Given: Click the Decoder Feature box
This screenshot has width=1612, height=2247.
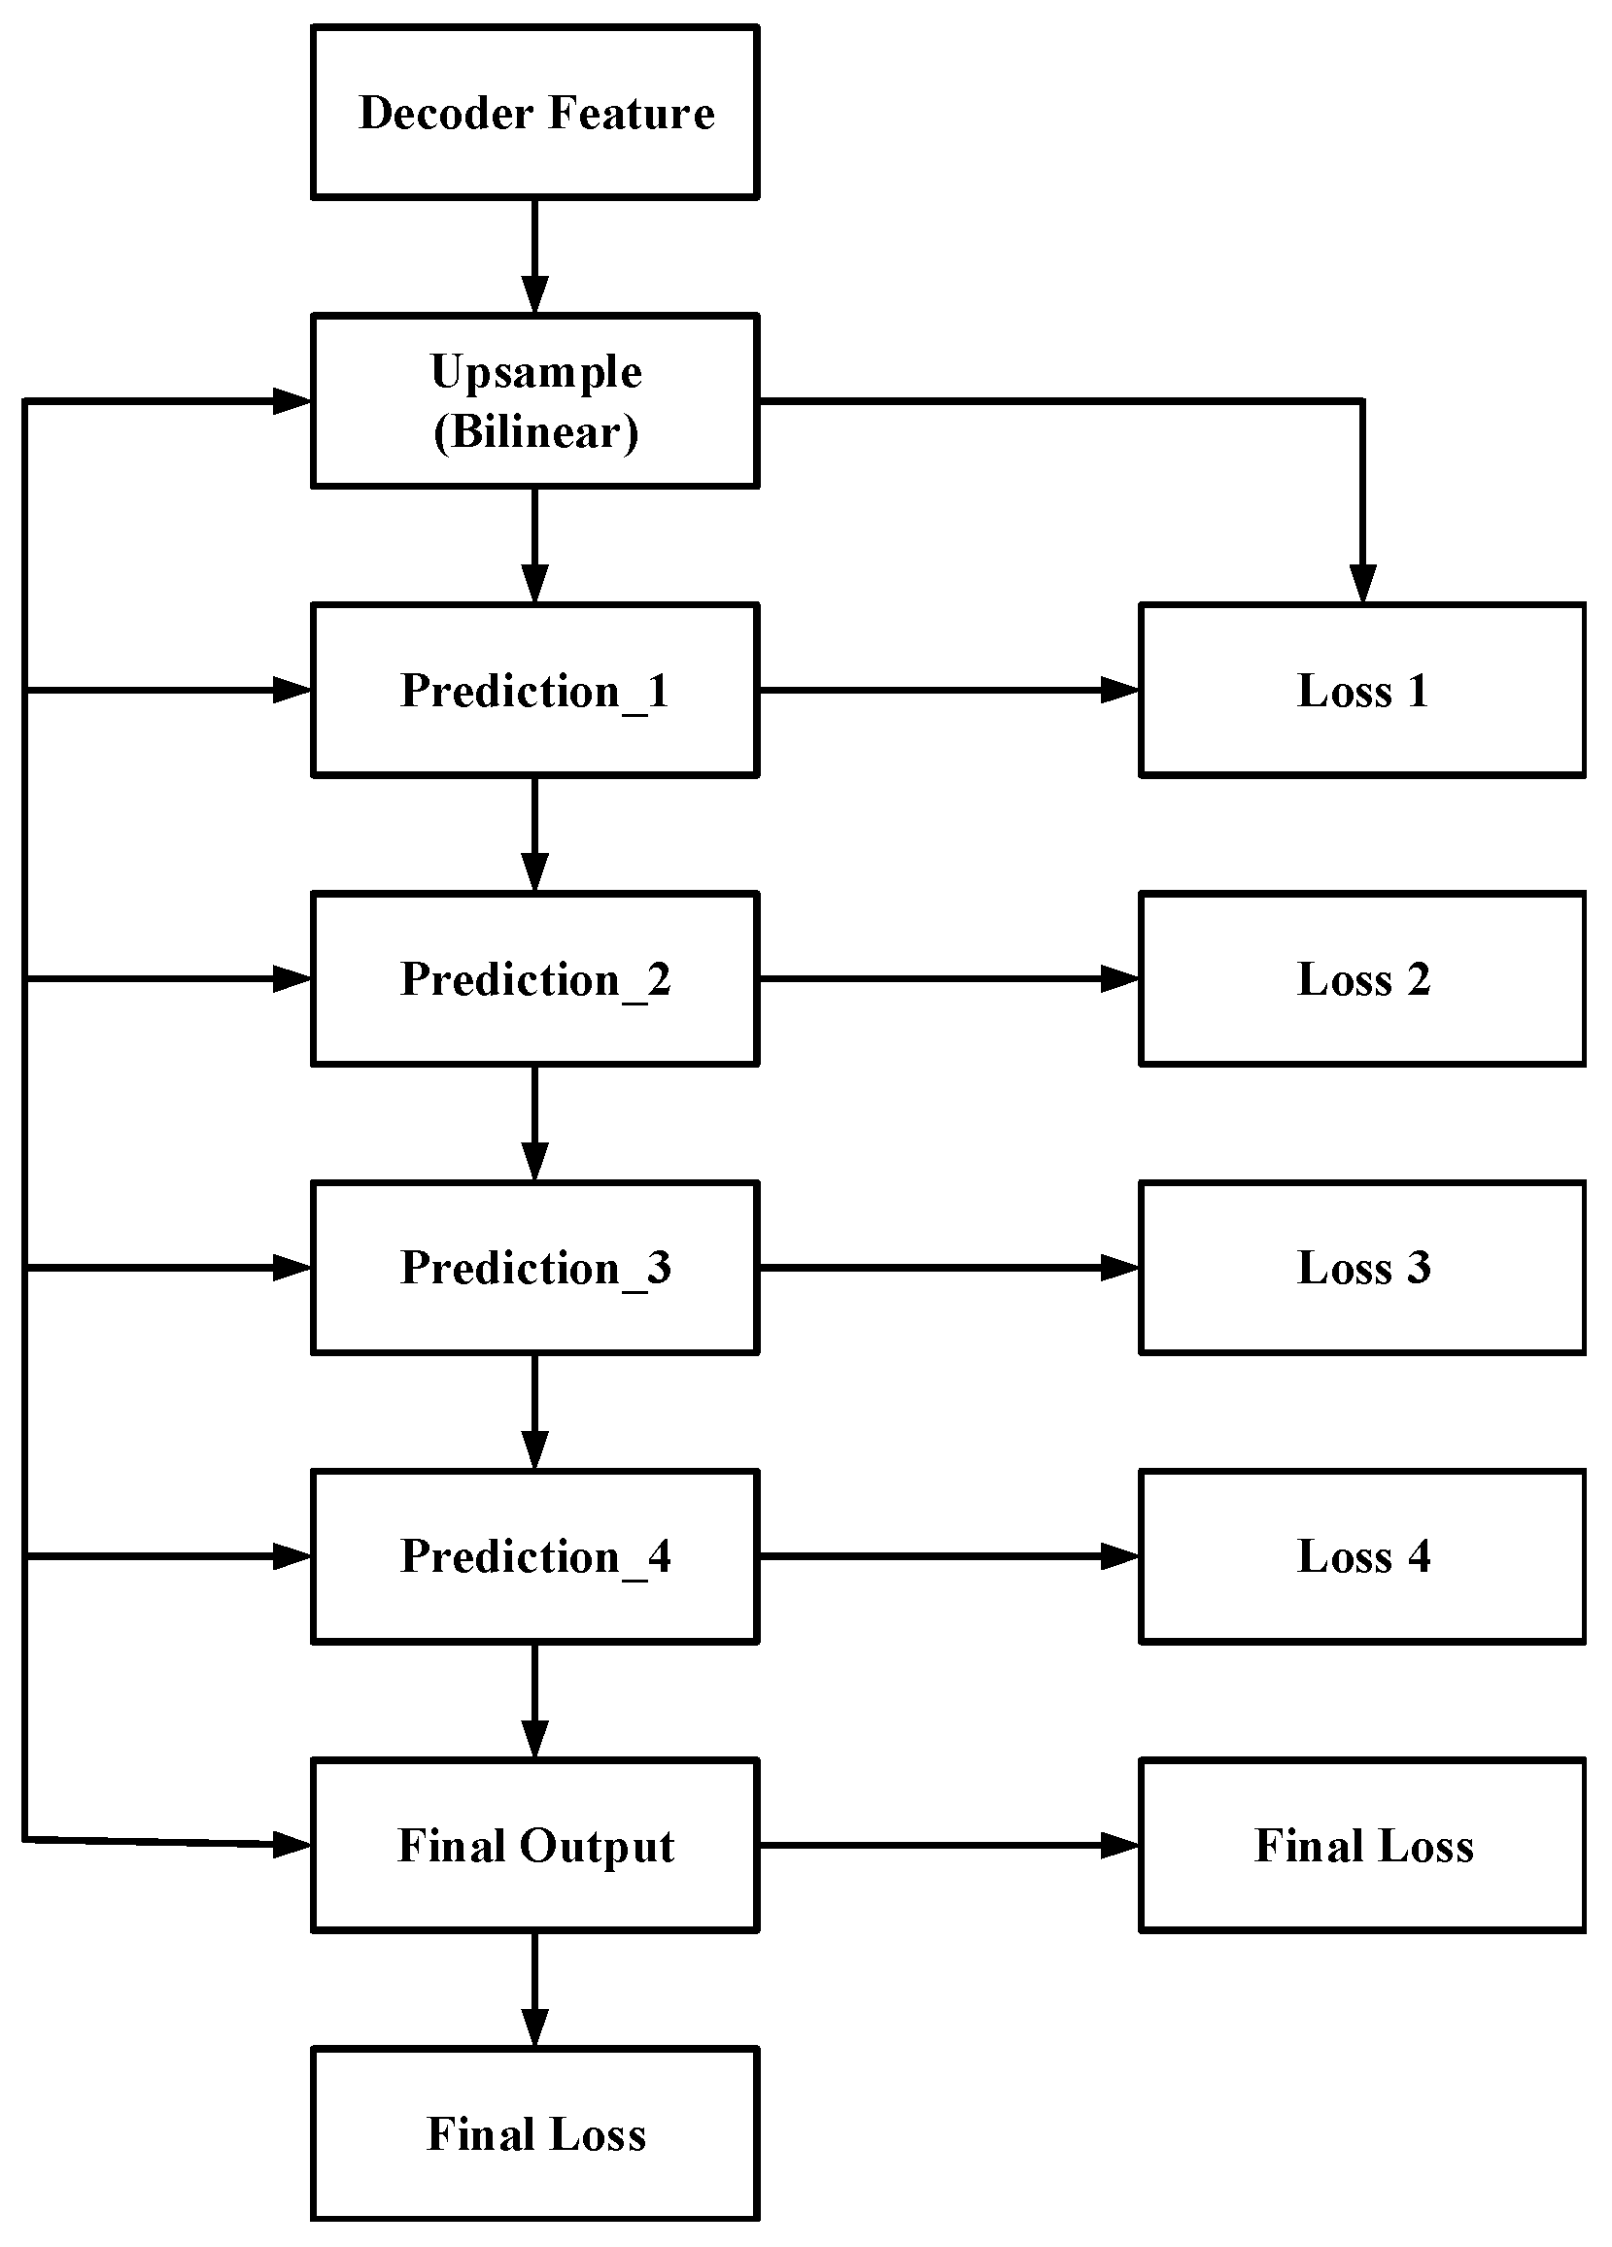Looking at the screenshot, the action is pyautogui.click(x=535, y=112).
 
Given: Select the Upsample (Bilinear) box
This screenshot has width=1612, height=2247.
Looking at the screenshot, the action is pyautogui.click(x=535, y=401).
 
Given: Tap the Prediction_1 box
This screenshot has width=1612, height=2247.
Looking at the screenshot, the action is pyautogui.click(x=535, y=690).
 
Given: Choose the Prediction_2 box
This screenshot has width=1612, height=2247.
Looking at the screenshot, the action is pyautogui.click(x=535, y=979).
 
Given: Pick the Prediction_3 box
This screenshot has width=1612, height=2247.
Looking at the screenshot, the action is pyautogui.click(x=535, y=1267).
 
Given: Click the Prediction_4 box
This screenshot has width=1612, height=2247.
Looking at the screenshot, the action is pyautogui.click(x=535, y=1556).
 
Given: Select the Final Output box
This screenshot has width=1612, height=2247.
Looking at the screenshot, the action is pyautogui.click(x=535, y=1845).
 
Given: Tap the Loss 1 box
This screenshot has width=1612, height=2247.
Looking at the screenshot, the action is pyautogui.click(x=1362, y=690).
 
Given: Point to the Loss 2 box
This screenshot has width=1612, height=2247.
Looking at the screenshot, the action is pyautogui.click(x=1362, y=979).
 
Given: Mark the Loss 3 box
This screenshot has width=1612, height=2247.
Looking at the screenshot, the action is pyautogui.click(x=1362, y=1267).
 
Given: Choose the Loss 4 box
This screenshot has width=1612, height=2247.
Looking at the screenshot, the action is pyautogui.click(x=1362, y=1556).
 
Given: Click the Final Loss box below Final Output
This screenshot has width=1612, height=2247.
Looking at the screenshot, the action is pyautogui.click(x=535, y=2134).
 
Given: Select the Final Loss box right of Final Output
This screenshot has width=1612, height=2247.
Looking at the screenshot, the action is pyautogui.click(x=1362, y=1845).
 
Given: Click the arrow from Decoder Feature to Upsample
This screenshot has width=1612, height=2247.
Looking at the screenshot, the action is pyautogui.click(x=535, y=256).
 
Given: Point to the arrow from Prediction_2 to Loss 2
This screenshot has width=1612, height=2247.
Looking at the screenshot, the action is pyautogui.click(x=949, y=979).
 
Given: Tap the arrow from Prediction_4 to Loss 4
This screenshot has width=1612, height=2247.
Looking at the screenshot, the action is pyautogui.click(x=949, y=1556).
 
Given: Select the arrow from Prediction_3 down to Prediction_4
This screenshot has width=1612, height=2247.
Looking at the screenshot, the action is pyautogui.click(x=535, y=1412).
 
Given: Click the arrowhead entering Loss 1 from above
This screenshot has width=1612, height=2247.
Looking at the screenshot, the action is pyautogui.click(x=1362, y=585).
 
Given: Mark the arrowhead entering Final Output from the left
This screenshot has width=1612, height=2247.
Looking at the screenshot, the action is pyautogui.click(x=292, y=1844).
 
